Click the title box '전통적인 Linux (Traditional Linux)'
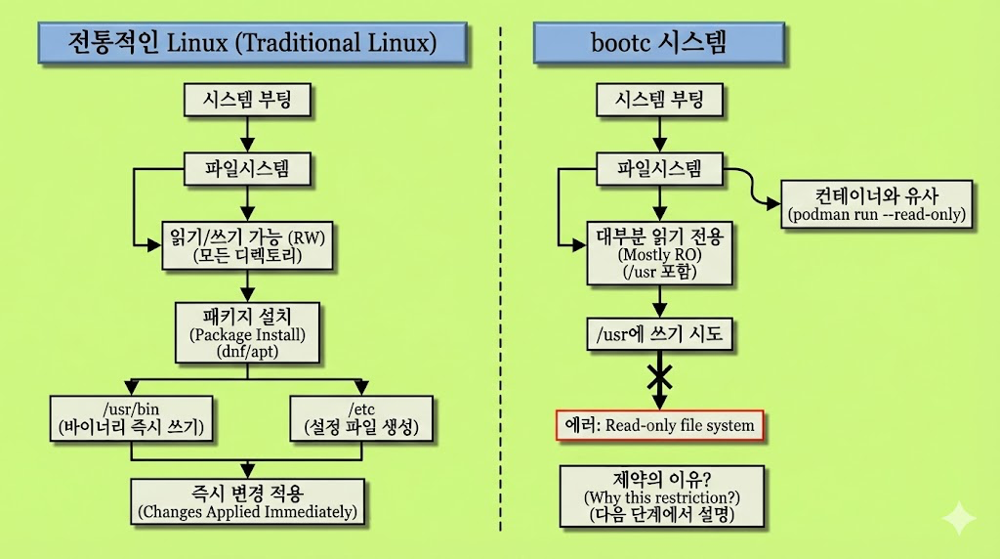click(x=252, y=43)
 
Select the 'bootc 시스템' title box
click(x=660, y=43)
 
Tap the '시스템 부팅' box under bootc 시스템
click(x=659, y=99)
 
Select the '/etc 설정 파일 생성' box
click(x=361, y=417)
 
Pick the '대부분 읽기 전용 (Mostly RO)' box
click(x=659, y=253)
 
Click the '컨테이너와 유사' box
click(x=876, y=203)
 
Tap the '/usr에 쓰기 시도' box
click(x=659, y=334)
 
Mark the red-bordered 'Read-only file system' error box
click(x=660, y=425)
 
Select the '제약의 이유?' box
click(x=661, y=495)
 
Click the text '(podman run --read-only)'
click(x=876, y=214)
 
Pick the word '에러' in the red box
click(x=582, y=425)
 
